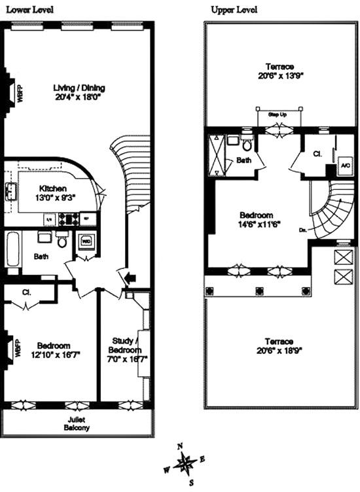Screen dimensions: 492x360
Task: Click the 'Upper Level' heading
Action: click(234, 10)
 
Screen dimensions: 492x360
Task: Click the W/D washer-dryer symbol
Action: click(86, 241)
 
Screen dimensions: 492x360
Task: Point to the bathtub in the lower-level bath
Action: click(12, 249)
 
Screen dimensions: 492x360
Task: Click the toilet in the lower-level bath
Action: click(63, 241)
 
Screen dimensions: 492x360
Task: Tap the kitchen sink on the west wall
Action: click(11, 192)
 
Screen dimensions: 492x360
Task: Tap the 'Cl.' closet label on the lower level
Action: click(27, 292)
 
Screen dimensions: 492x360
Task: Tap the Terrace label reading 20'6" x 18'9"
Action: click(279, 346)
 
